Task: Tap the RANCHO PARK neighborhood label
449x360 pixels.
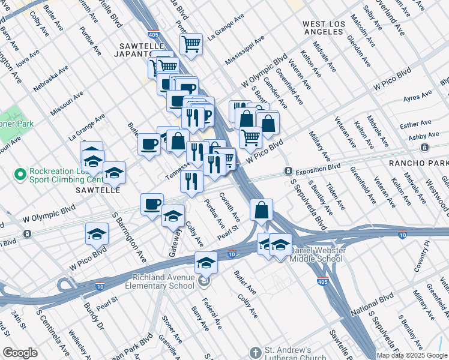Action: coord(418,163)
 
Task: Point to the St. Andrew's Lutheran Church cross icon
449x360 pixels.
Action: coord(256,352)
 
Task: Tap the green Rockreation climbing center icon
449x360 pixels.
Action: coord(20,175)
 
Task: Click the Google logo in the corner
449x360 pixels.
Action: coord(20,352)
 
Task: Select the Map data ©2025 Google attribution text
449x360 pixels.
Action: coord(412,355)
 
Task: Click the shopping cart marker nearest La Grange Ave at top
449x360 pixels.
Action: coord(191,44)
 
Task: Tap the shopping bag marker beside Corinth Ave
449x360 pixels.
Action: coord(261,211)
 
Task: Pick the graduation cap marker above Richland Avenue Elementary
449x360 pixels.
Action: coord(206,263)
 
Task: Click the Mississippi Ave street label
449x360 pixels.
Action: coord(245,50)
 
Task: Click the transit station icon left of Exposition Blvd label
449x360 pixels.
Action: coord(288,172)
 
